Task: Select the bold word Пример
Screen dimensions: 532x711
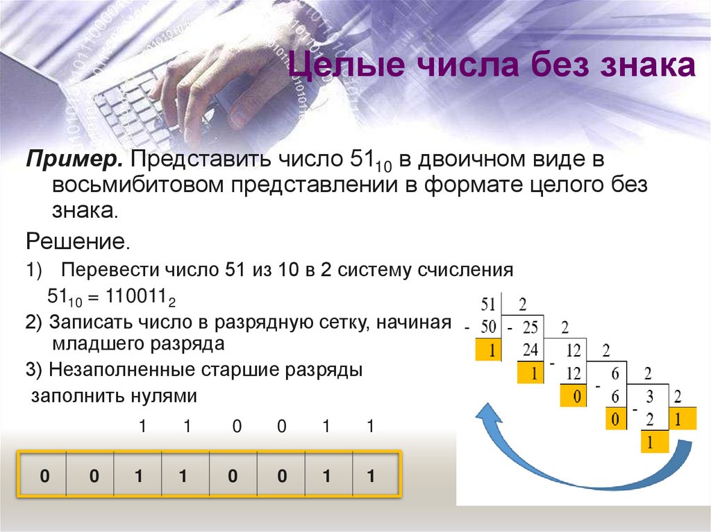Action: [x=74, y=160]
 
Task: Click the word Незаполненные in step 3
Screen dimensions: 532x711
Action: [x=122, y=370]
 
